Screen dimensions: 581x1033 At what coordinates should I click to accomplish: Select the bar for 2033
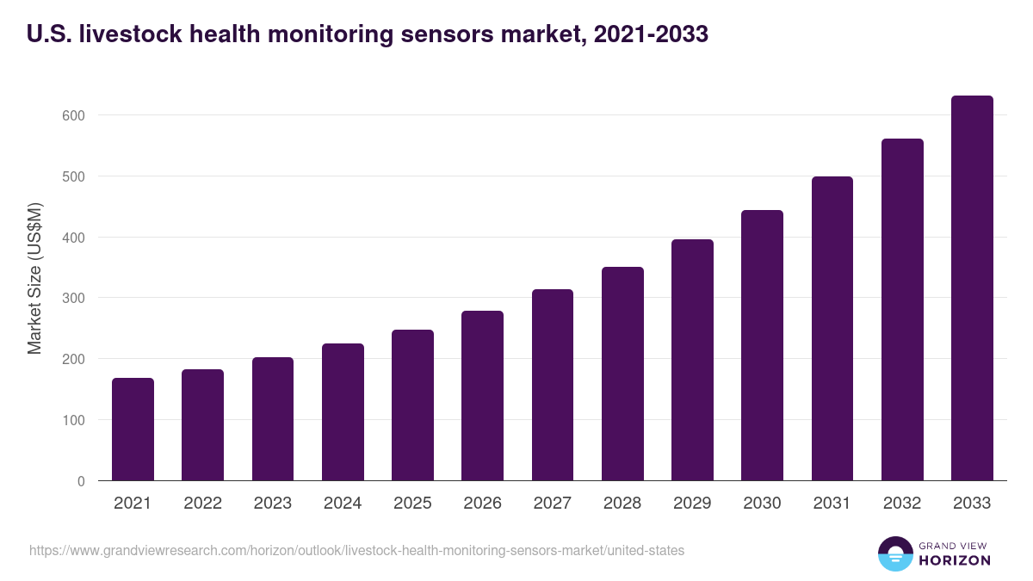972,288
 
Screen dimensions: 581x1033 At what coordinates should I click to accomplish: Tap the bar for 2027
553,385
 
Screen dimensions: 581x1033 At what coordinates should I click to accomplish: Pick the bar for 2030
762,345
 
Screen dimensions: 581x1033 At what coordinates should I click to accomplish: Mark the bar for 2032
902,310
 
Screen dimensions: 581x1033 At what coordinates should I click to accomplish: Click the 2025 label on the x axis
412,504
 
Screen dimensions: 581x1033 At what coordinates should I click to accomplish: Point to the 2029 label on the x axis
692,504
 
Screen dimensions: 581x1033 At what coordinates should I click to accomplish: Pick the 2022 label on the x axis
202,504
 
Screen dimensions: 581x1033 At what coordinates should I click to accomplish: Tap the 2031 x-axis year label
832,504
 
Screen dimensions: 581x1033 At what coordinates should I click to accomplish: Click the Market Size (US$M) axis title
34,279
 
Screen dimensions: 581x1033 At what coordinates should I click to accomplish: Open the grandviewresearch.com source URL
356,550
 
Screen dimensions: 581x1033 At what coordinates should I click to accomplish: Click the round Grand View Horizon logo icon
894,553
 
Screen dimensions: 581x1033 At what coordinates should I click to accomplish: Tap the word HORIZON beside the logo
954,560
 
